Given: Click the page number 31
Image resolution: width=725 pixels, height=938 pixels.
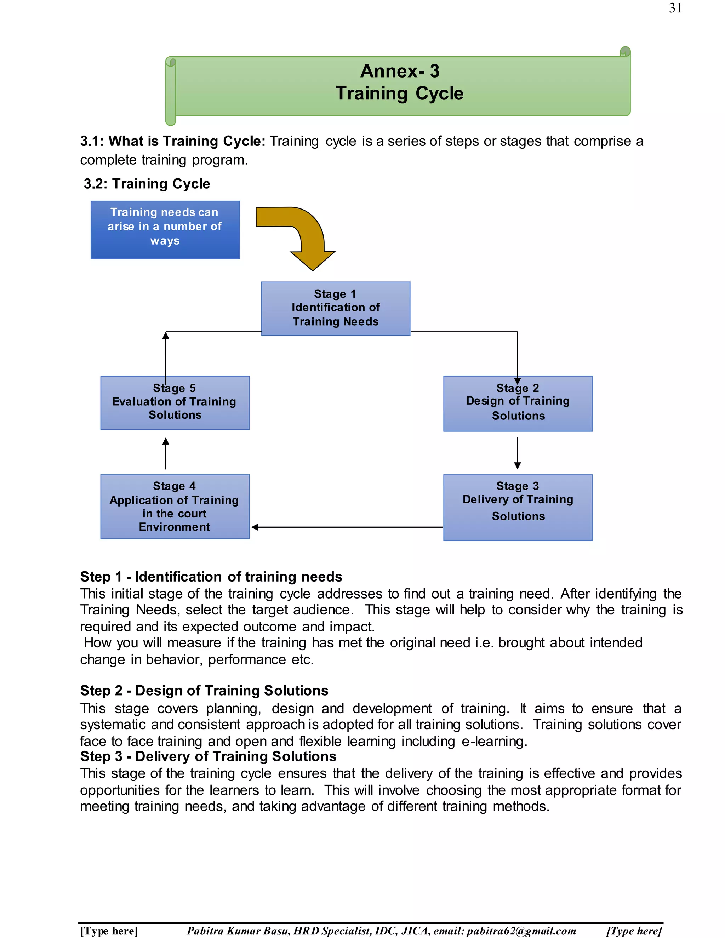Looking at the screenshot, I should tap(675, 8).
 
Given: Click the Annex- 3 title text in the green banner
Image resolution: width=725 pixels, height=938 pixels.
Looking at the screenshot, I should tap(399, 71).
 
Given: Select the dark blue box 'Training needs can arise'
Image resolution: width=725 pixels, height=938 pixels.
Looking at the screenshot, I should tap(165, 230).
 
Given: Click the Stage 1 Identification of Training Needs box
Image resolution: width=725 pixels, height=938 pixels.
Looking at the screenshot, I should tap(336, 308).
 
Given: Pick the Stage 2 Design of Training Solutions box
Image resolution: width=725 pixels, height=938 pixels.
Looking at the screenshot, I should tap(518, 404).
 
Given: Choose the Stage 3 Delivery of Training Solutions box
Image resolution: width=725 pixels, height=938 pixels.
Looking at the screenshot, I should tap(518, 507).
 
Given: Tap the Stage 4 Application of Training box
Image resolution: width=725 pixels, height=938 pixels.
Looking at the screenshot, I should tap(175, 507).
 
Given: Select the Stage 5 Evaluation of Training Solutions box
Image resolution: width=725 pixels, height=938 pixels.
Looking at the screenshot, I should tap(175, 403).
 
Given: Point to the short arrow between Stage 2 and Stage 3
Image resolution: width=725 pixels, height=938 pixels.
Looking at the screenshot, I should tap(518, 453).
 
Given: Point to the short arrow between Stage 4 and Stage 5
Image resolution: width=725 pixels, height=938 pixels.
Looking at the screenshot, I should tap(166, 453).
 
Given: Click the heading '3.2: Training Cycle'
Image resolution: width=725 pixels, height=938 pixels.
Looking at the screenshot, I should tap(147, 184).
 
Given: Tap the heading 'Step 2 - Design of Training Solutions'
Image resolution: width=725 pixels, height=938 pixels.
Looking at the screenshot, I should tap(204, 690).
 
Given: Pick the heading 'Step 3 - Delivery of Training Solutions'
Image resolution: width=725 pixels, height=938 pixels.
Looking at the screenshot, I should tap(208, 756).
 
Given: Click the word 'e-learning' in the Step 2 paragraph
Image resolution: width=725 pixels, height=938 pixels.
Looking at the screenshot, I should tap(493, 741).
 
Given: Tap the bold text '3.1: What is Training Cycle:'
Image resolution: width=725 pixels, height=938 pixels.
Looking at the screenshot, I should tap(173, 141).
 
